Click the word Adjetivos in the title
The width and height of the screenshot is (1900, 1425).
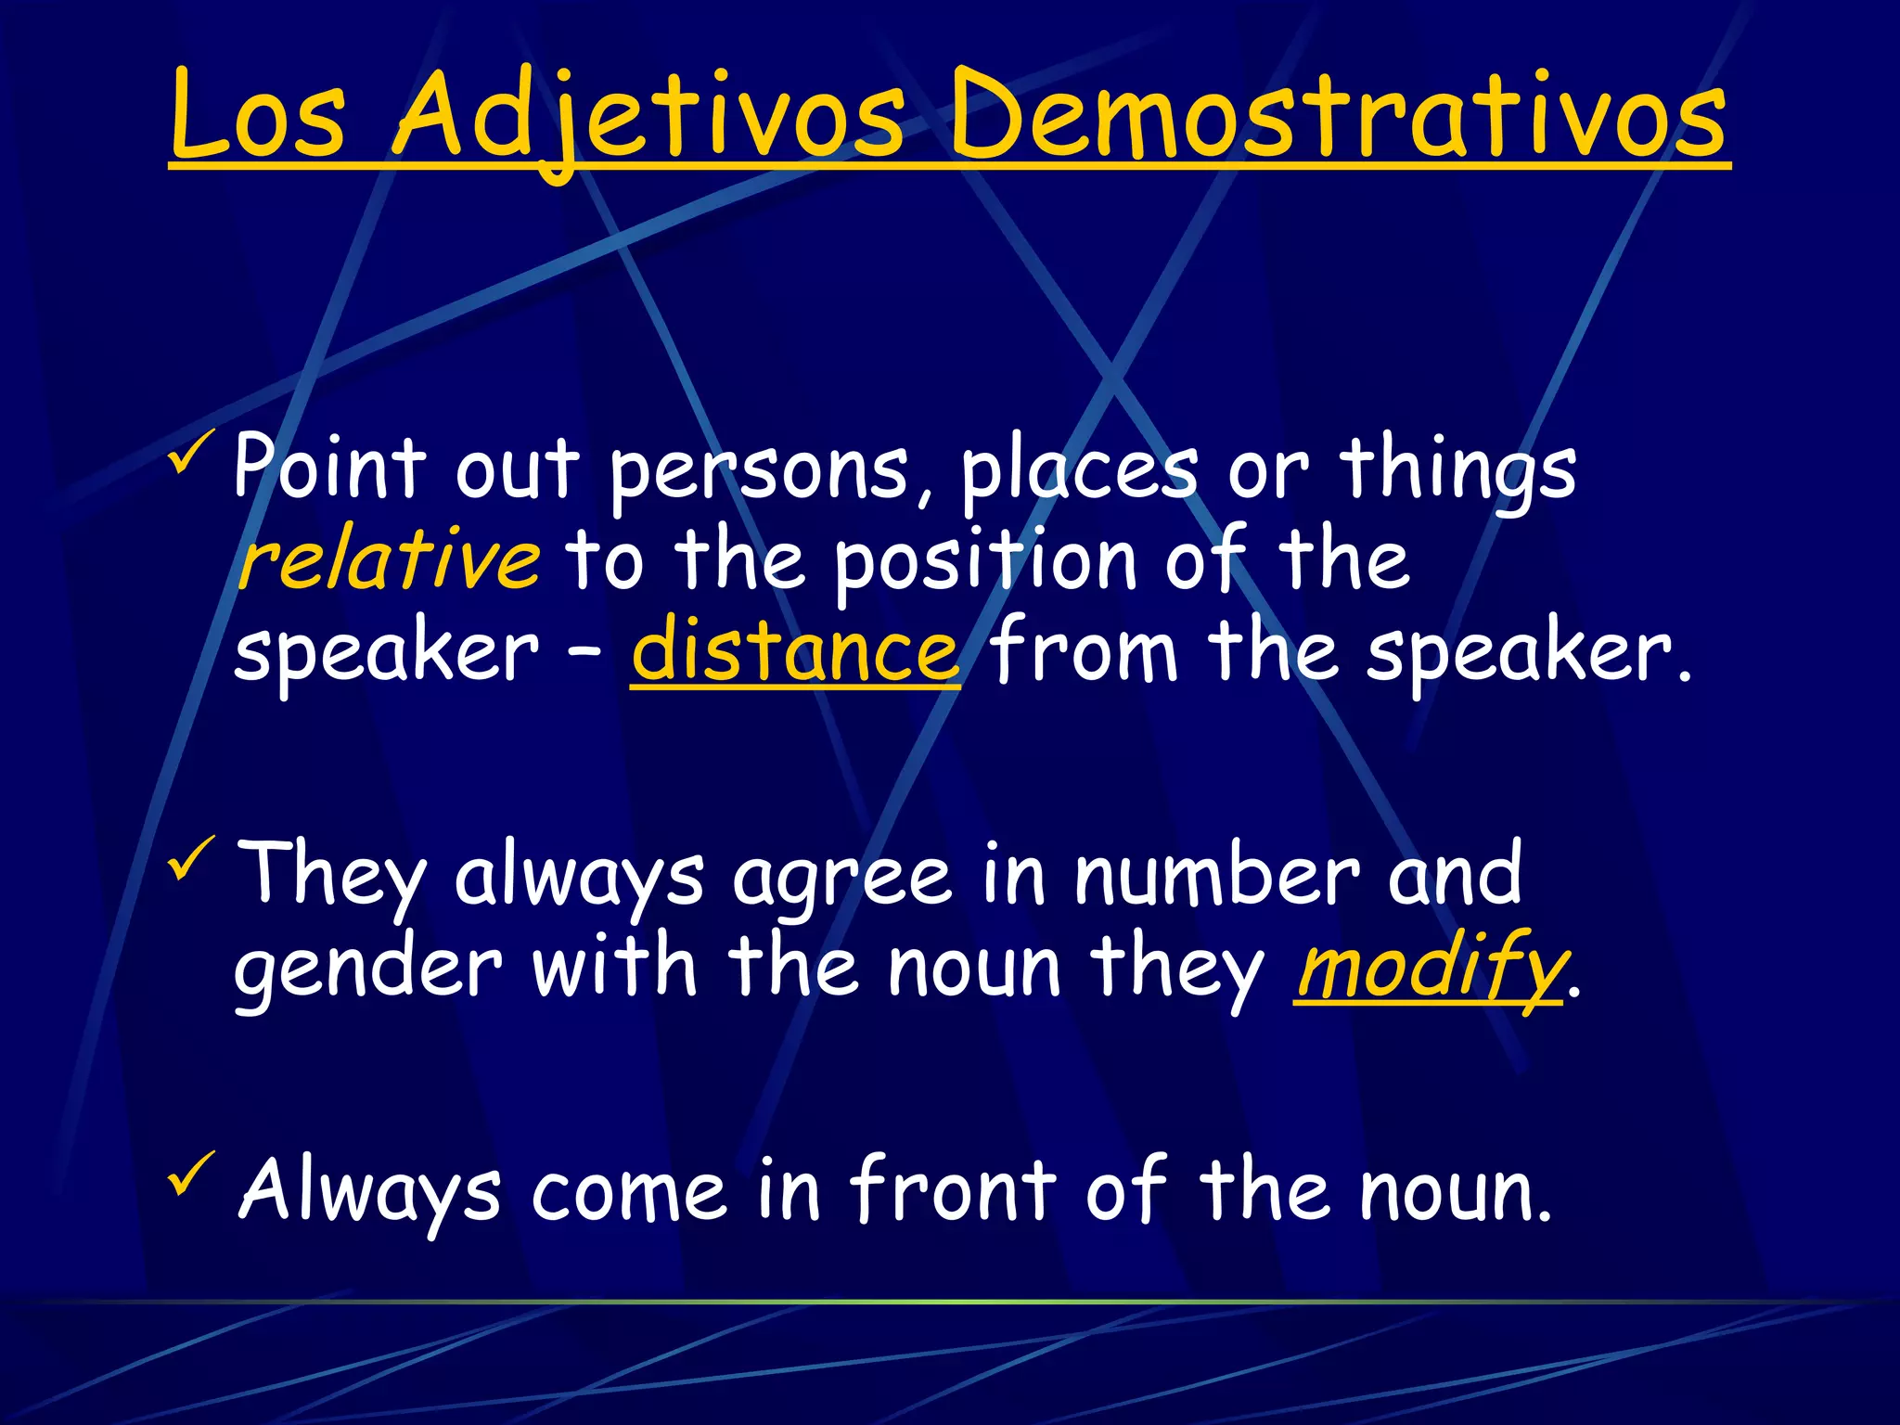(648, 116)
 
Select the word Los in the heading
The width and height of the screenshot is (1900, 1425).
(259, 116)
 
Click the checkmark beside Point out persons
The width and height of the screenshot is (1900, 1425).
(191, 452)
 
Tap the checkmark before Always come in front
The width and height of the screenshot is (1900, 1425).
(191, 1174)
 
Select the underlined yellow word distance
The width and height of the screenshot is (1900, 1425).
(795, 649)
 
